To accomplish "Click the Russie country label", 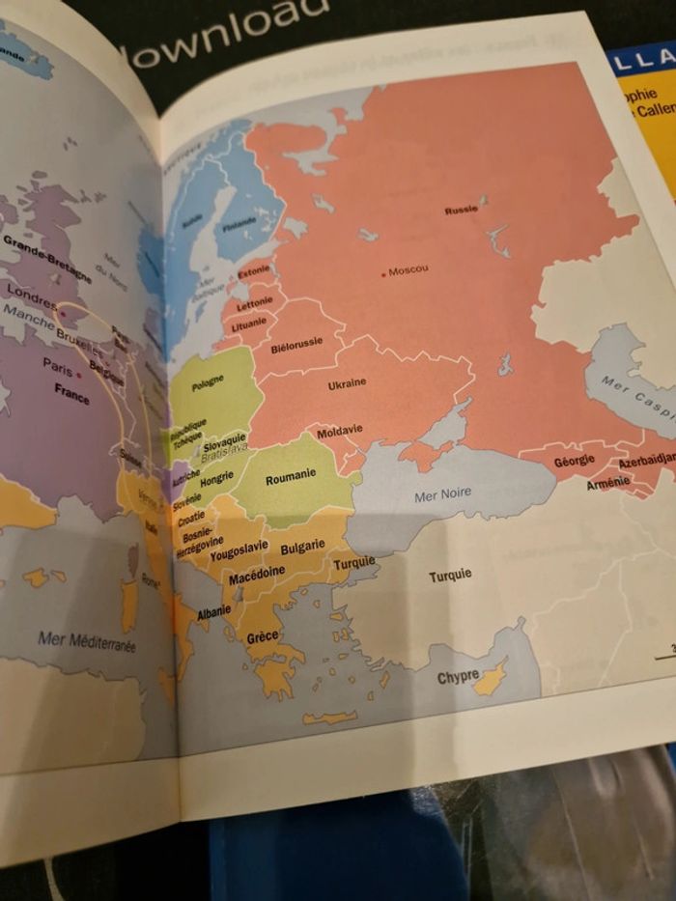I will coord(461,210).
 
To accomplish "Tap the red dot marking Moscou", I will coord(383,274).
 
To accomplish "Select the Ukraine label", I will coord(347,384).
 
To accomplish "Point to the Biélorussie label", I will coord(296,345).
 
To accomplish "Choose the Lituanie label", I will coord(248,324).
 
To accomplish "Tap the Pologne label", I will coord(208,380).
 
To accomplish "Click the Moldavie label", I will coord(339,431).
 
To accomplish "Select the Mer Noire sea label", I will coord(442,494).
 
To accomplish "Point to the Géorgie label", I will coord(574,463).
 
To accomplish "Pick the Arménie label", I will coord(607,483).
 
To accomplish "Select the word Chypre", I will coord(458,677).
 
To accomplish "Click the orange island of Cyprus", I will coord(493,679).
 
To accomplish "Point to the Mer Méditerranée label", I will coord(87,640).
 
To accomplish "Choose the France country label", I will coord(71,393).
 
